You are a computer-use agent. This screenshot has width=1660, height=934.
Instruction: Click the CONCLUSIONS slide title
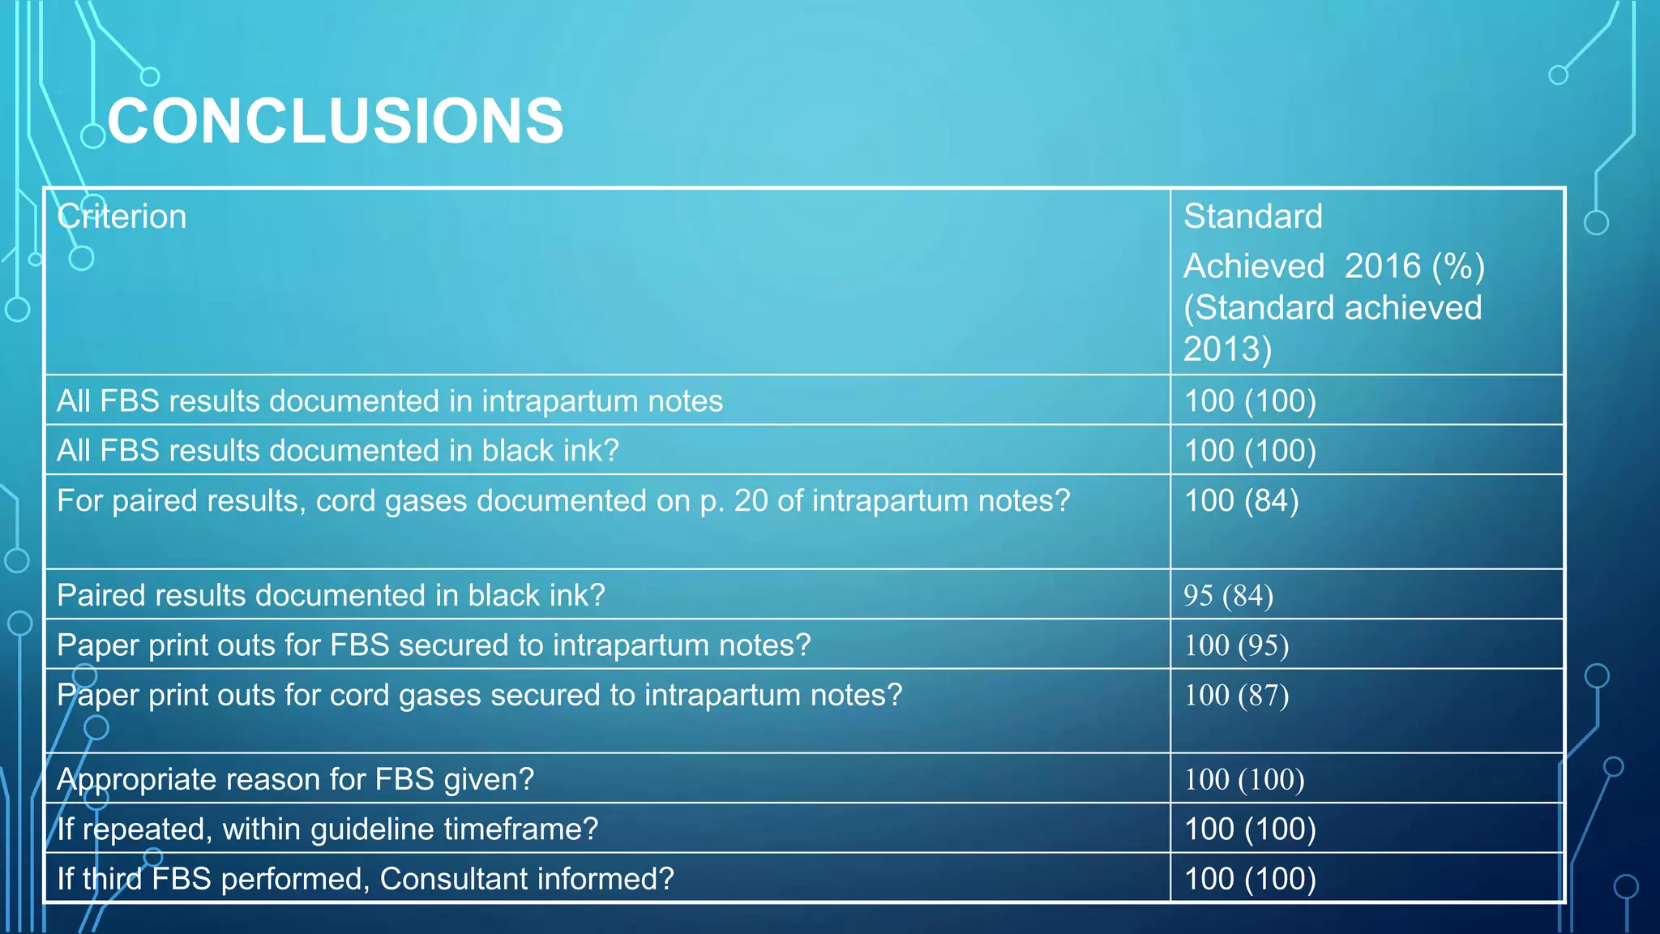pyautogui.click(x=335, y=122)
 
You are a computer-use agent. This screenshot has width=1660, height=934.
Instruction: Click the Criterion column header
pyautogui.click(x=122, y=217)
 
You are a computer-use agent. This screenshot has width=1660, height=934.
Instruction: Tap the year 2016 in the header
pyautogui.click(x=1383, y=267)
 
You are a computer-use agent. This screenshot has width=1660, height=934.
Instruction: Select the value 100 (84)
pyautogui.click(x=1241, y=501)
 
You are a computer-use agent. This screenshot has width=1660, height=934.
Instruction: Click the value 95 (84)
pyautogui.click(x=1228, y=596)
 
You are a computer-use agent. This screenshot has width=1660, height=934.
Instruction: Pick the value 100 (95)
pyautogui.click(x=1236, y=645)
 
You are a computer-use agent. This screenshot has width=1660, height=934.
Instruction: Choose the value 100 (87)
pyautogui.click(x=1236, y=696)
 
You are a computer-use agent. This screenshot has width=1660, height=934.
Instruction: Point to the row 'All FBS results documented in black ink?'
pyautogui.click(x=338, y=451)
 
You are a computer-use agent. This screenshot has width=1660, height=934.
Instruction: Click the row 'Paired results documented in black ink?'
pyautogui.click(x=331, y=596)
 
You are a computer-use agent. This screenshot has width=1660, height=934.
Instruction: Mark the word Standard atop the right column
pyautogui.click(x=1252, y=217)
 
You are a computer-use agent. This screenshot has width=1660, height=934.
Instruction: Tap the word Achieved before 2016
pyautogui.click(x=1253, y=267)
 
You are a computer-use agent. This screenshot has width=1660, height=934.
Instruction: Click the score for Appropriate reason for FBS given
pyautogui.click(x=1244, y=780)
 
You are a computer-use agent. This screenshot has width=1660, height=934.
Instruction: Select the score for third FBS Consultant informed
pyautogui.click(x=1250, y=879)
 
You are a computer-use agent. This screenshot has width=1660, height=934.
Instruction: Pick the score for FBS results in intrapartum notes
pyautogui.click(x=1250, y=401)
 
